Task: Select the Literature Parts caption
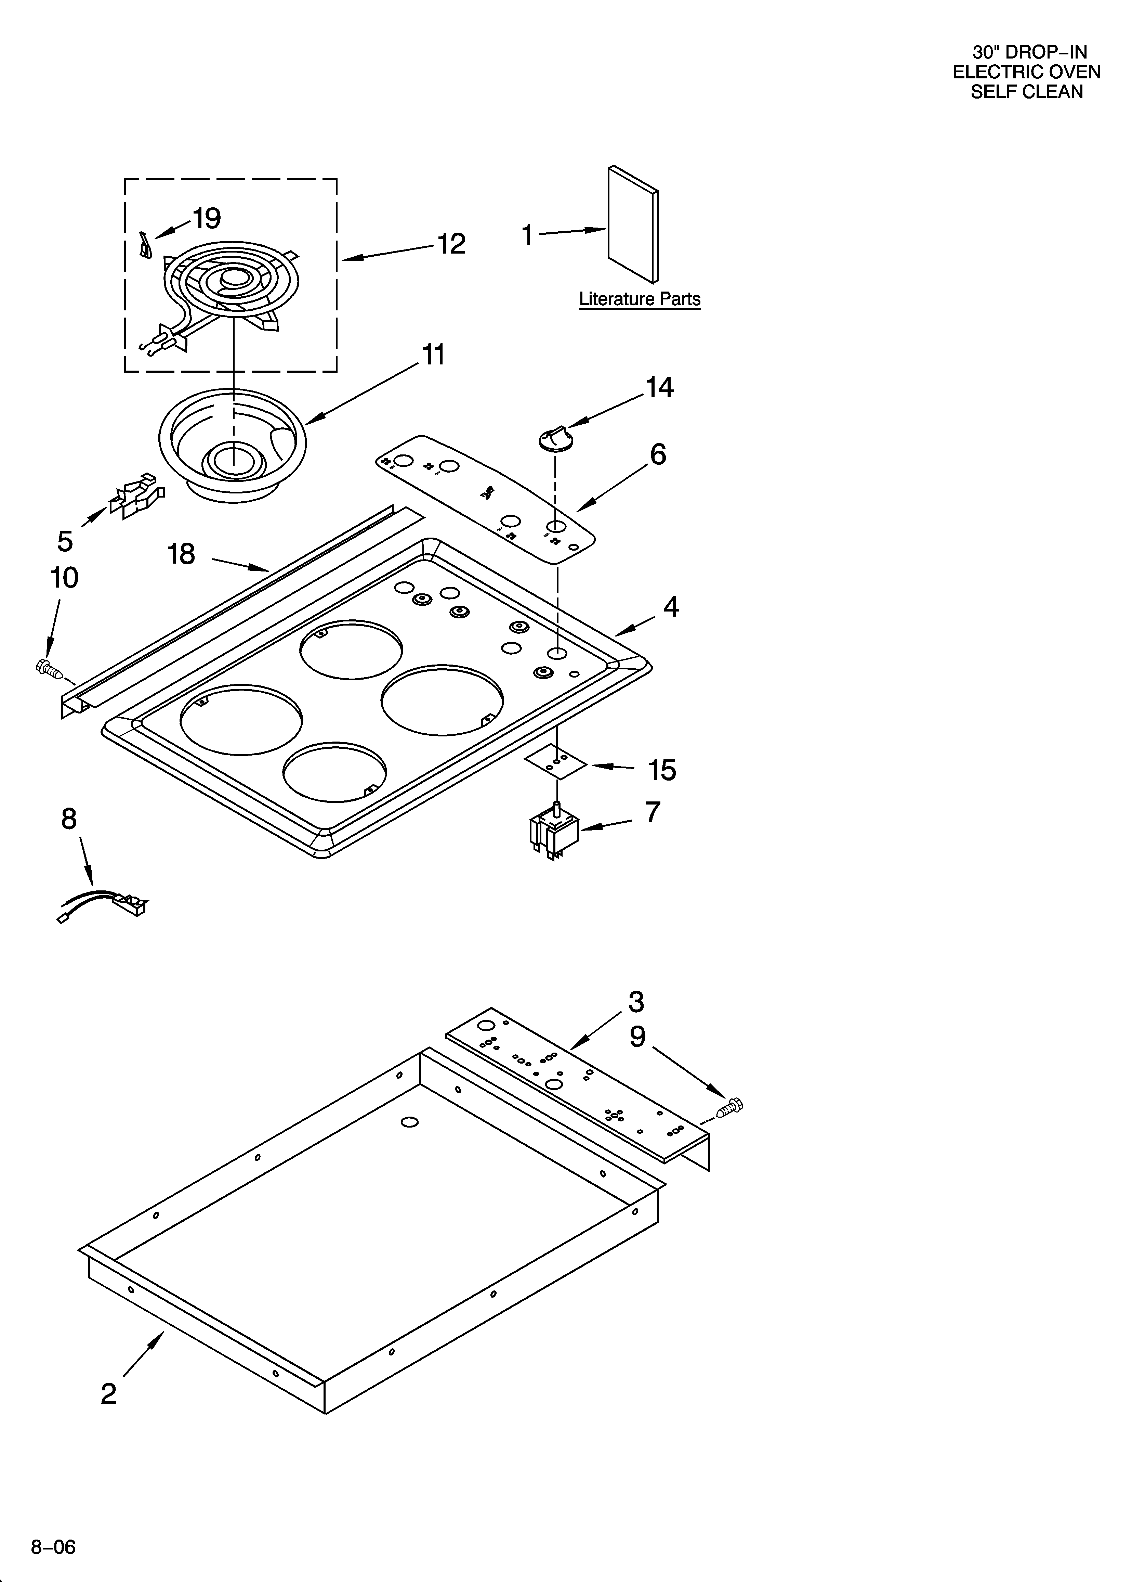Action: tap(640, 299)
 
